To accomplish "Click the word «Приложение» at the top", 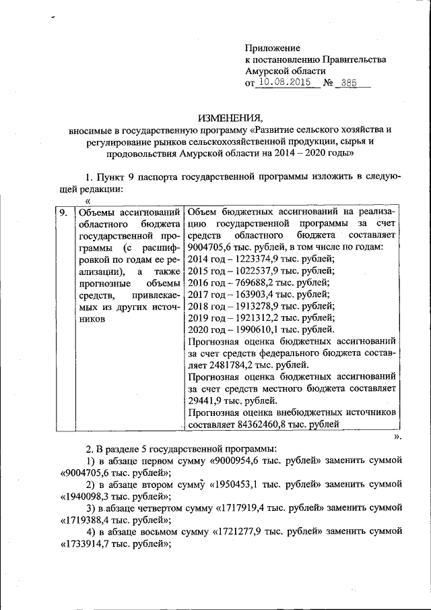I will [x=272, y=49].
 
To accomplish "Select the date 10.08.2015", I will [x=286, y=83].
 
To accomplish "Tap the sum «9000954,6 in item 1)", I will [x=237, y=461].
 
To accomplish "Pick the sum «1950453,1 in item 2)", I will [x=241, y=485].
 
